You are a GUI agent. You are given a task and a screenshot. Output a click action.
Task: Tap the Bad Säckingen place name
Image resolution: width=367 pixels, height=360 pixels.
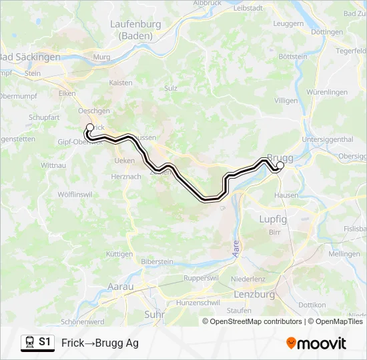[x=30, y=57]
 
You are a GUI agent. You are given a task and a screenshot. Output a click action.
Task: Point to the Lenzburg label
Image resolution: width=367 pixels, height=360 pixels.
[x=255, y=294]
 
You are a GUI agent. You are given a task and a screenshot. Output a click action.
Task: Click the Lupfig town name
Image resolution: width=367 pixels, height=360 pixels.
[x=273, y=219]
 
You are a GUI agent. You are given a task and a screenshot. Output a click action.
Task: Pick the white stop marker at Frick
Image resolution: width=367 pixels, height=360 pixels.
[x=90, y=127]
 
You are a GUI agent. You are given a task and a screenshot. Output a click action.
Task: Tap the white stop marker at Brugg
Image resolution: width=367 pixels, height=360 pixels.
[x=280, y=165]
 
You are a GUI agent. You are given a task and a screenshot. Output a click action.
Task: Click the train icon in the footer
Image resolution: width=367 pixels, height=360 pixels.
[x=29, y=342]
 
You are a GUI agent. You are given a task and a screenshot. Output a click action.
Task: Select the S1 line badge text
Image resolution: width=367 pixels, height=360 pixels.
[x=45, y=342]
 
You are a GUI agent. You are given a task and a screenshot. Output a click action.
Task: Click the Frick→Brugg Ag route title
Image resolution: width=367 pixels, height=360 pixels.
[x=100, y=343]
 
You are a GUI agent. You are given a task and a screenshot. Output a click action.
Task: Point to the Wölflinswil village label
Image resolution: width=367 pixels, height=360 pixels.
[x=74, y=194]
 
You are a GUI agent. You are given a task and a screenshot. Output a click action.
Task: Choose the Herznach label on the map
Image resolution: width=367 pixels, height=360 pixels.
[x=127, y=176]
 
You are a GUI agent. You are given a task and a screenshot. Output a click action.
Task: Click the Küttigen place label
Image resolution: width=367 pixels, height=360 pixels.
[x=119, y=254]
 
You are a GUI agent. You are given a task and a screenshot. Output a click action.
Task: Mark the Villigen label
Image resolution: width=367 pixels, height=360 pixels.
[x=286, y=100]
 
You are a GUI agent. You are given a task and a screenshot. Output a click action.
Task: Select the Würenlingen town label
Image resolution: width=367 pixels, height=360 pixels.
[x=327, y=91]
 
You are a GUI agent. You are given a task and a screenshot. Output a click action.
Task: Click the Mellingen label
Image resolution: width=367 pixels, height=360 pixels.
[x=344, y=254]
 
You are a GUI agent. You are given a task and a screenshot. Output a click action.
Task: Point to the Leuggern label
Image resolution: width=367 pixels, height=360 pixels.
[x=288, y=23]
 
